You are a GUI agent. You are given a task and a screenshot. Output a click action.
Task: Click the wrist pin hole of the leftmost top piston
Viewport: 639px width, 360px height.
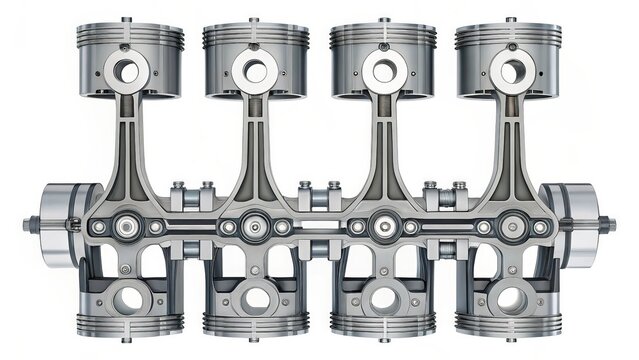[x=127, y=71]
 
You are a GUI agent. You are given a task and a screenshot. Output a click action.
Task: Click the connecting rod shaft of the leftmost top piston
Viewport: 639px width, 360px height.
[x=127, y=140]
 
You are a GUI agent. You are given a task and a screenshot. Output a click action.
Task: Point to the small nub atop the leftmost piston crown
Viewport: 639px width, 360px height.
[x=126, y=19]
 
